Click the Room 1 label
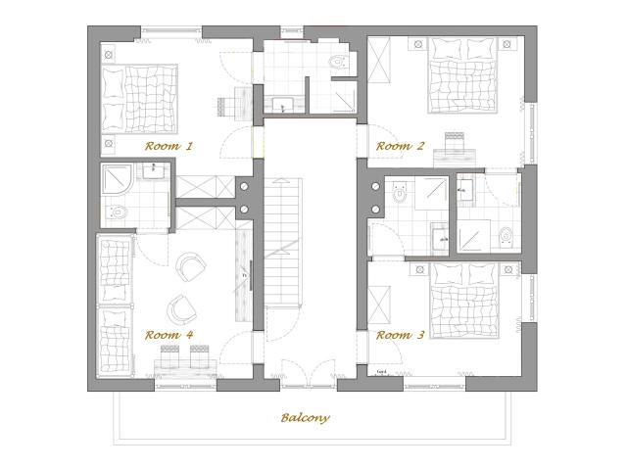(x=169, y=145)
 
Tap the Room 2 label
(x=401, y=146)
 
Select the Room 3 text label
(x=401, y=335)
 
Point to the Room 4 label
(x=169, y=335)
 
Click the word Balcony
(x=305, y=417)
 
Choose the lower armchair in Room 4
(x=179, y=309)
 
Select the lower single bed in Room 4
(x=115, y=338)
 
